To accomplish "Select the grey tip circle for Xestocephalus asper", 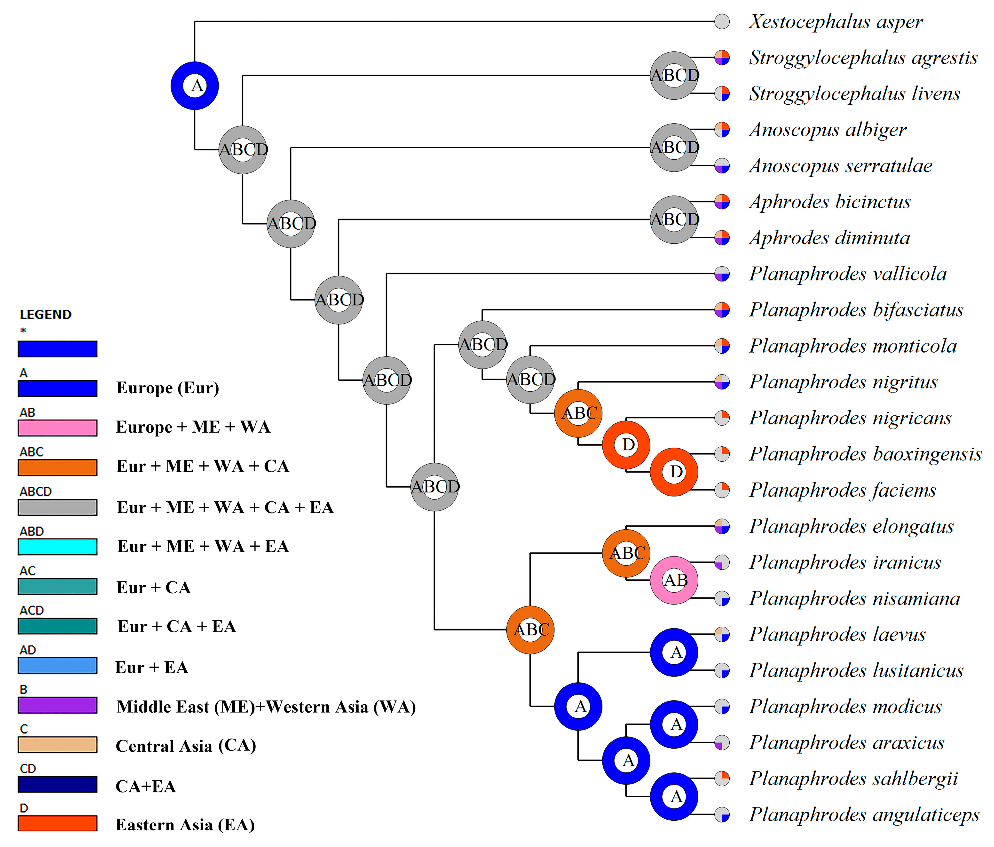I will [722, 22].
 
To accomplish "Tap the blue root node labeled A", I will [195, 86].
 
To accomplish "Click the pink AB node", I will [674, 580].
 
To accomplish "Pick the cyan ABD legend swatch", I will [58, 547].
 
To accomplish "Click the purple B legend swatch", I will [58, 705].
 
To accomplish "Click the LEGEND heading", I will [46, 315].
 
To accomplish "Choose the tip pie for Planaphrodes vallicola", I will [722, 274].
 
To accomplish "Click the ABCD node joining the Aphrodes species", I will [674, 220].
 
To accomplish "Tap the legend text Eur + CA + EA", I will [177, 626].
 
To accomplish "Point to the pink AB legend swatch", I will [58, 428].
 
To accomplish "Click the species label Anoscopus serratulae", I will [840, 166].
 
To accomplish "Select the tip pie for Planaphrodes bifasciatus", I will [722, 310].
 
